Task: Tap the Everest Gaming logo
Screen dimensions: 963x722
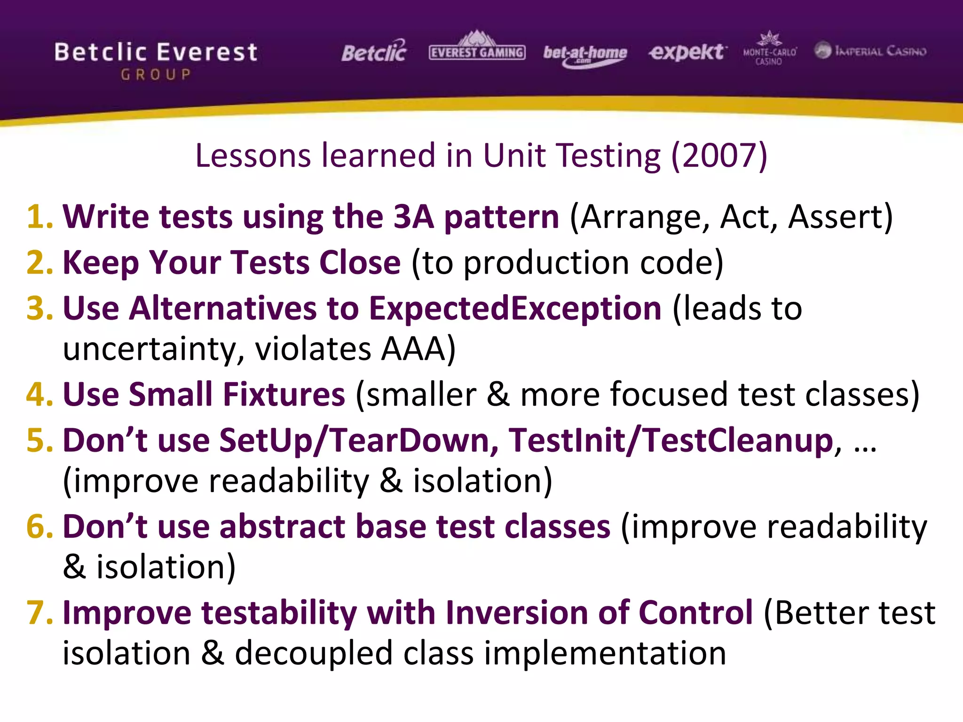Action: (477, 49)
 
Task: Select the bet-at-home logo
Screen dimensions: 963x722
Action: (585, 55)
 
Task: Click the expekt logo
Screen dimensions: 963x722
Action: (687, 52)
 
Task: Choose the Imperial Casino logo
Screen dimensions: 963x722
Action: (870, 51)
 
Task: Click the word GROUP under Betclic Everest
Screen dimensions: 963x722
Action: (156, 75)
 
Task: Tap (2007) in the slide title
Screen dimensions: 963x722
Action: (719, 156)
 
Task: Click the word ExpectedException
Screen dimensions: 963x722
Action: (515, 309)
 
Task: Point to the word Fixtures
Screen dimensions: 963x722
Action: (284, 394)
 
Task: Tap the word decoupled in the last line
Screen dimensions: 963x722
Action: (313, 654)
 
